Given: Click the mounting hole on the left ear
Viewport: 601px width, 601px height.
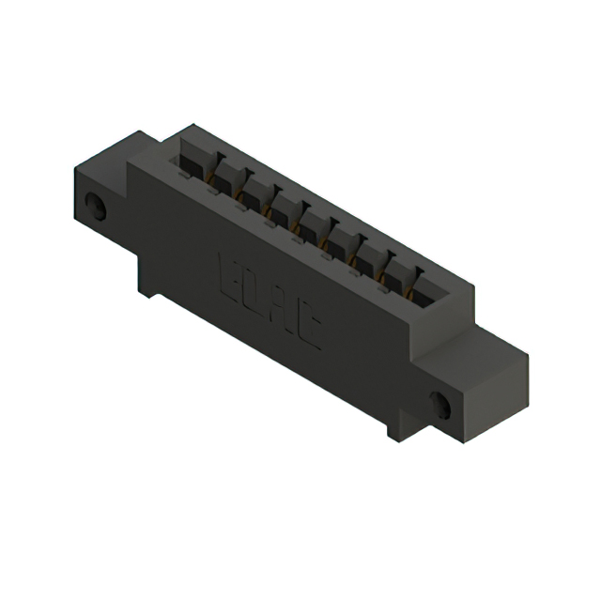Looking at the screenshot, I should click(x=95, y=206).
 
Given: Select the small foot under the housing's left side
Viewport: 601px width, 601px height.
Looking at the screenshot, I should click(x=150, y=289).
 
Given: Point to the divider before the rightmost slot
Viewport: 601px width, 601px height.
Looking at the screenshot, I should click(x=415, y=272).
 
